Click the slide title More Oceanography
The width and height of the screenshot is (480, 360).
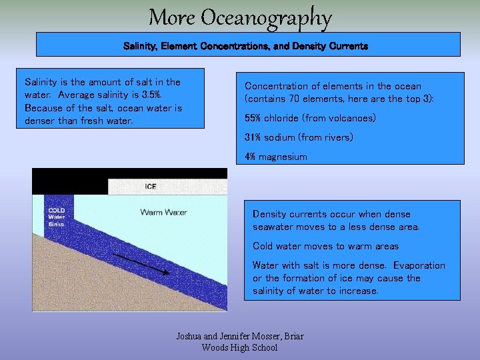point(240,17)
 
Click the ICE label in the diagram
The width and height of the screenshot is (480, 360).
point(151,186)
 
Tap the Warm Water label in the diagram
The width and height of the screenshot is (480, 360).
point(163,213)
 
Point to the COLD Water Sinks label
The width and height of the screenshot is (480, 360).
point(57,217)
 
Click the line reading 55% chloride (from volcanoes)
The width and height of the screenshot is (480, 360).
point(310,118)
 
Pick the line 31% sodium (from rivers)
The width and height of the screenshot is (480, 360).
point(299,137)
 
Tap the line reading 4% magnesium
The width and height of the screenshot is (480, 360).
point(276,157)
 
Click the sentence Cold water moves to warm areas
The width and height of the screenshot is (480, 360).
point(325,246)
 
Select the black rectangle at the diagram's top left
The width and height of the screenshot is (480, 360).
point(70,181)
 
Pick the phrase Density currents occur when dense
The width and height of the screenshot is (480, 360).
point(331,214)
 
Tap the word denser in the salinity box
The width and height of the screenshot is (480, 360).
point(40,121)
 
